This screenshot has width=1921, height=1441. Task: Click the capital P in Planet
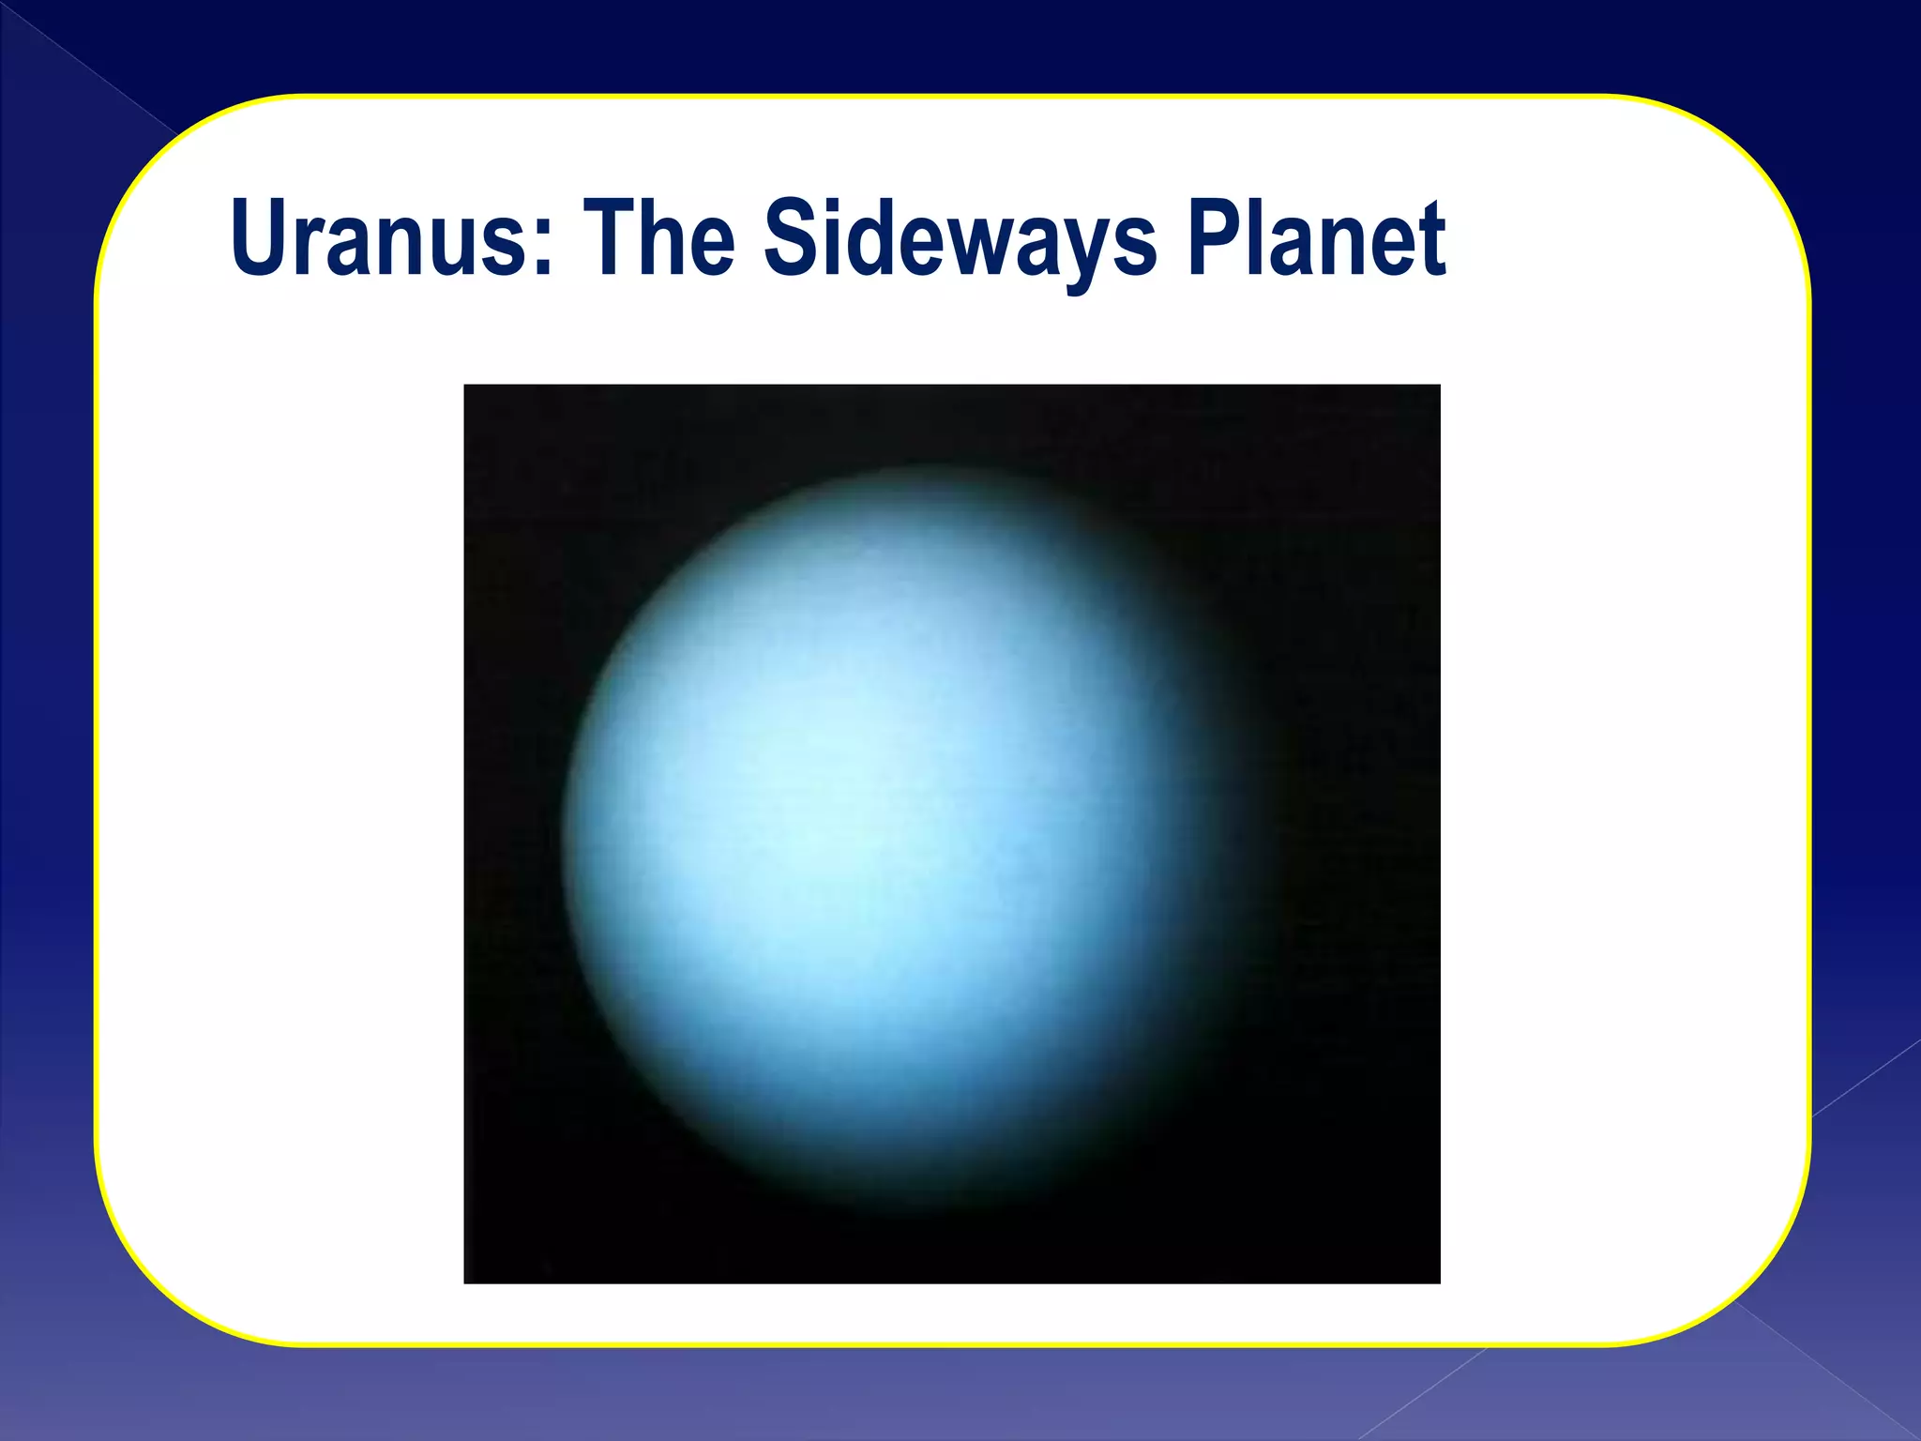(1215, 237)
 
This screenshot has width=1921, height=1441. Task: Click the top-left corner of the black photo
(466, 387)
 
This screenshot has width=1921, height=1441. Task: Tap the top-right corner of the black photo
(1438, 387)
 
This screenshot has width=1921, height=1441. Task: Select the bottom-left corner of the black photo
(466, 1281)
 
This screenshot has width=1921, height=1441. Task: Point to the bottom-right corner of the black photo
(1438, 1281)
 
